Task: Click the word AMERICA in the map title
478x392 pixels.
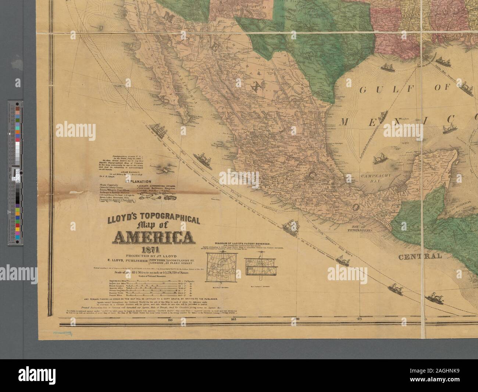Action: point(155,238)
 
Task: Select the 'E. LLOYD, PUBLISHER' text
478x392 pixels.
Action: point(126,261)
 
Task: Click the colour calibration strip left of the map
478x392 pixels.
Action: point(21,173)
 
